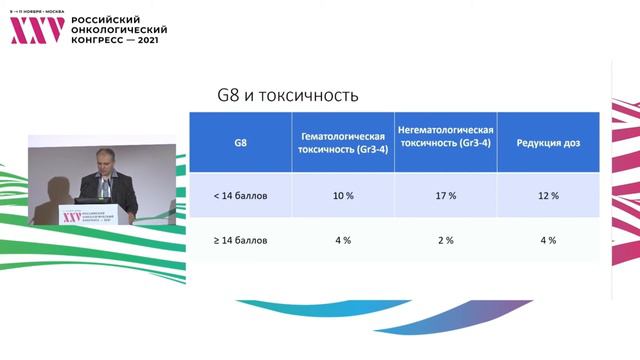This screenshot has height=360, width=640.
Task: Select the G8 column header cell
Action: point(241,142)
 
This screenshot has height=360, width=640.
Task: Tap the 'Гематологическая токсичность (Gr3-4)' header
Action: point(342,142)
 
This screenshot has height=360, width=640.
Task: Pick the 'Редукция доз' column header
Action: point(548,142)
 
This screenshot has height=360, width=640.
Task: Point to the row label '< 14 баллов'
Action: point(241,196)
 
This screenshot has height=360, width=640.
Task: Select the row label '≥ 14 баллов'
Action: point(241,240)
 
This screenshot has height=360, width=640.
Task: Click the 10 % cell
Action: point(342,196)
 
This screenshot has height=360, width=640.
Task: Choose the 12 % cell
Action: point(548,196)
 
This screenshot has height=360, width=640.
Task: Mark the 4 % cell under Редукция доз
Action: point(548,240)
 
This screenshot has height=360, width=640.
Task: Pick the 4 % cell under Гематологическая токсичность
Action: point(342,240)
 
